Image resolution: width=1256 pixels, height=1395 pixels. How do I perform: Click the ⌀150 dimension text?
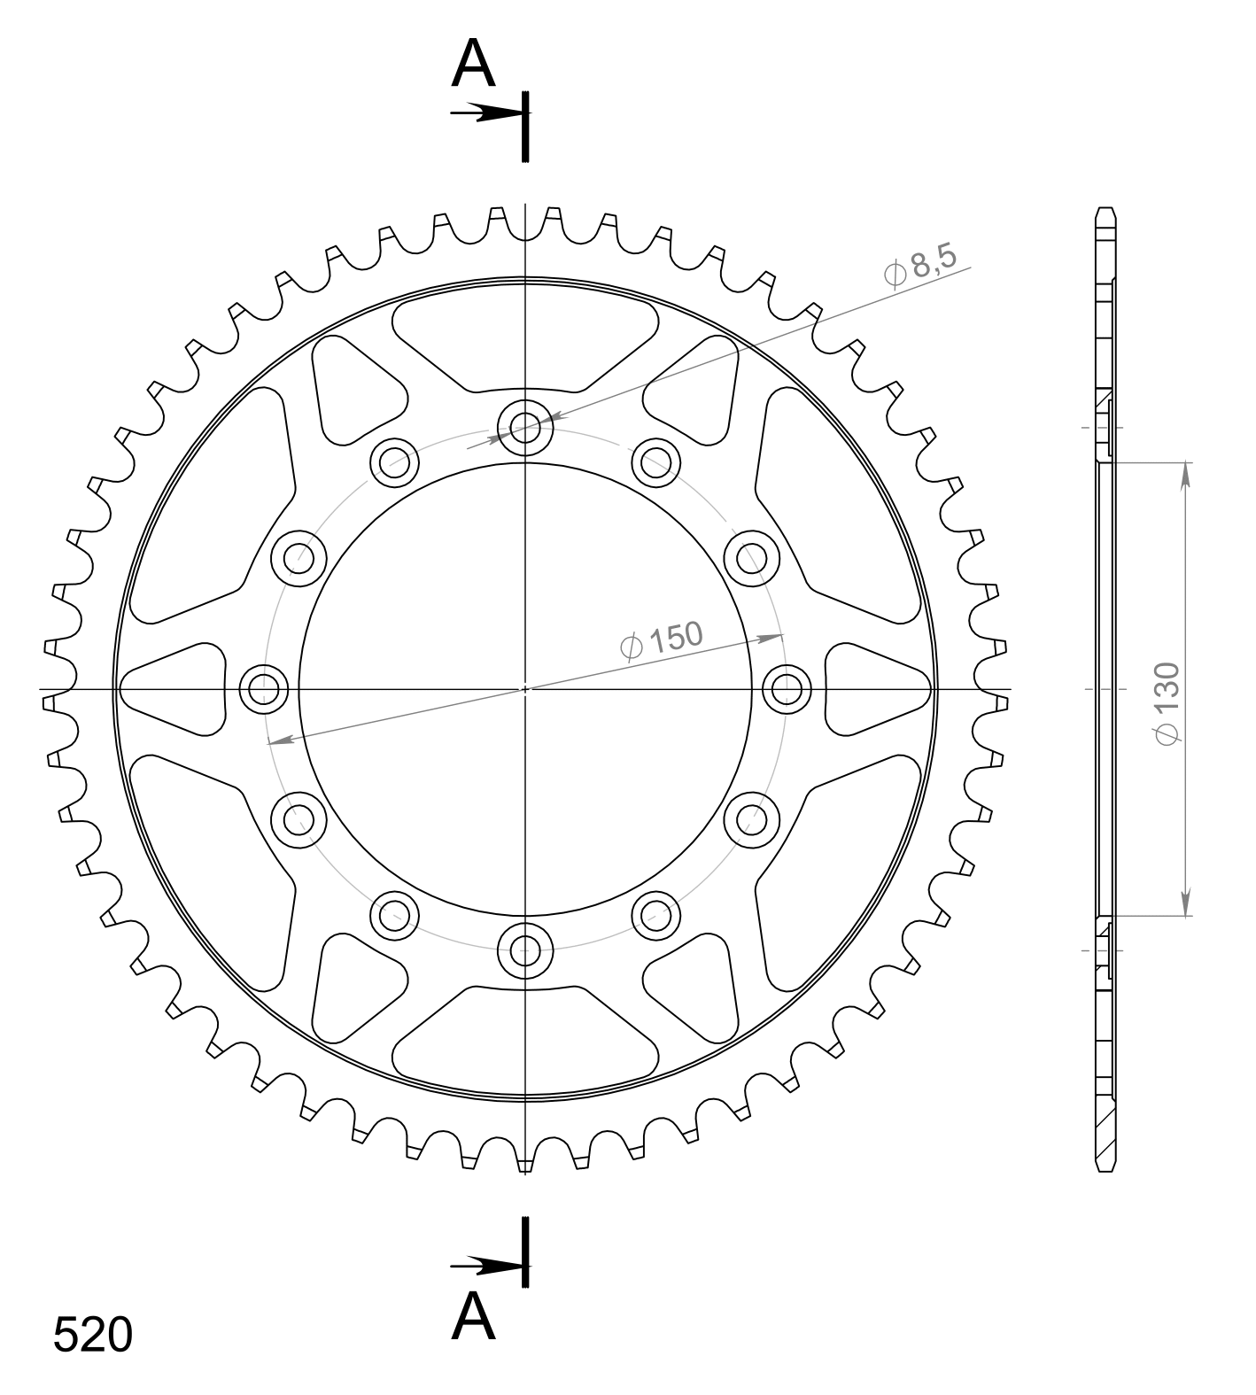[662, 639]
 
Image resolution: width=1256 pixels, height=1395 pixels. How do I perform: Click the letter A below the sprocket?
[473, 1317]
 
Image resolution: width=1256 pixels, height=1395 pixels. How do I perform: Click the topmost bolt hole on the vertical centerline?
[525, 429]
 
